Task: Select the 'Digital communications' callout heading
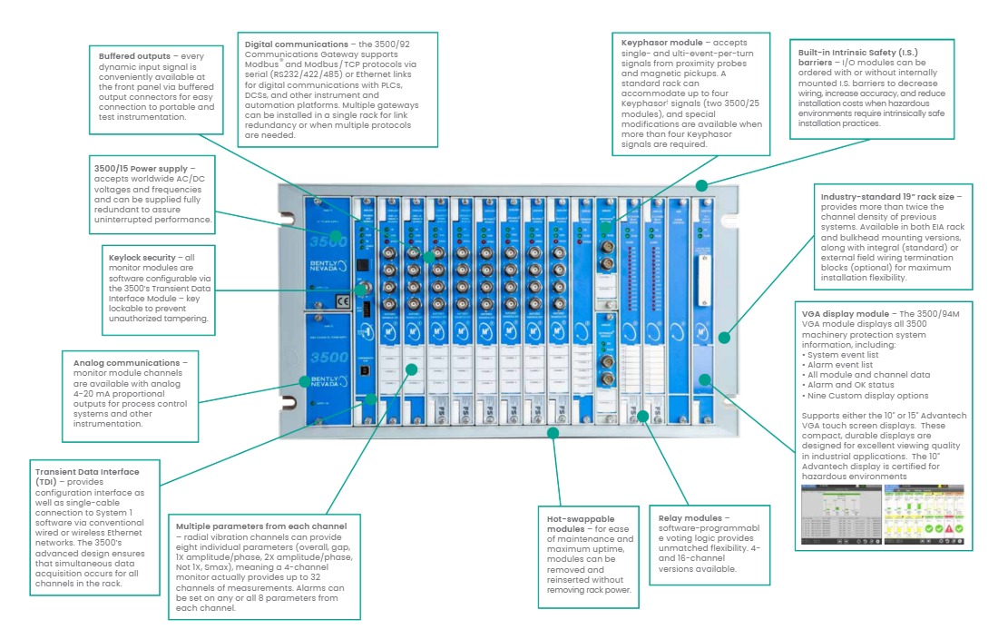point(292,44)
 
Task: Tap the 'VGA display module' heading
point(832,312)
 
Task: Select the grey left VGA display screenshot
point(840,515)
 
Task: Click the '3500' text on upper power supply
point(328,242)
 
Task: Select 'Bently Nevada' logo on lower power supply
point(328,379)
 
